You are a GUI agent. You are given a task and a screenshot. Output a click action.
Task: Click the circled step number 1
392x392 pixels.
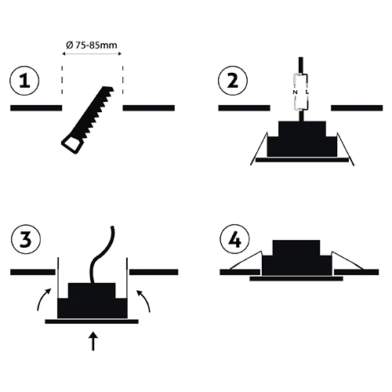coord(24,81)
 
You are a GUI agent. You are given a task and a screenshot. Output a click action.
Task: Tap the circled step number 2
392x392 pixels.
coord(233,81)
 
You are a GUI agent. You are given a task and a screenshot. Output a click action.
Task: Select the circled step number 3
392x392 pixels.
coord(26,239)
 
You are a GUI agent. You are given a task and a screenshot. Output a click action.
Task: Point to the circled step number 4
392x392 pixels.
coord(234,239)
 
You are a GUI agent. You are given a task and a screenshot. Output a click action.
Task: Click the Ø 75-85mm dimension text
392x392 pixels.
coord(92,45)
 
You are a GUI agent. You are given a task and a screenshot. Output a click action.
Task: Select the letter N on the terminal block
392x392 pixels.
coord(295,93)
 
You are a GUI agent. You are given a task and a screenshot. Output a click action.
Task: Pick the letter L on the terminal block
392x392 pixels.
coord(307,93)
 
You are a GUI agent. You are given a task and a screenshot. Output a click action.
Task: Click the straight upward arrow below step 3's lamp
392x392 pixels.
coord(93,341)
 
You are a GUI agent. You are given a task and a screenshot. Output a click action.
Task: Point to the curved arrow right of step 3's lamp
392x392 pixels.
coord(144,299)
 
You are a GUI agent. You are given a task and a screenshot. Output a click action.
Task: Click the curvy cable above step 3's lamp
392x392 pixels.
coord(101,254)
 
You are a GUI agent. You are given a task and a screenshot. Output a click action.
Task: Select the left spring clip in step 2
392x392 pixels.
coord(259,149)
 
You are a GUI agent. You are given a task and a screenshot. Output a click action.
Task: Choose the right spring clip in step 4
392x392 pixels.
coord(347,260)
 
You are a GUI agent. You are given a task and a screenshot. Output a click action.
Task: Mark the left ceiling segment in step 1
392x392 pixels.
coord(36,107)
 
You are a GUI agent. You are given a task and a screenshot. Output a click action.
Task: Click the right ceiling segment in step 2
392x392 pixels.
coord(357,107)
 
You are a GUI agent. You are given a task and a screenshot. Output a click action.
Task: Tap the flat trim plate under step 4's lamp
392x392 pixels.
coord(296,278)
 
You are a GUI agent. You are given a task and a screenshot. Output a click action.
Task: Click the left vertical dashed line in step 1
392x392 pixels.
coord(62,80)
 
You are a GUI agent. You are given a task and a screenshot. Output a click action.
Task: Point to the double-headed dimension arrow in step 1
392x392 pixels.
coord(92,54)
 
